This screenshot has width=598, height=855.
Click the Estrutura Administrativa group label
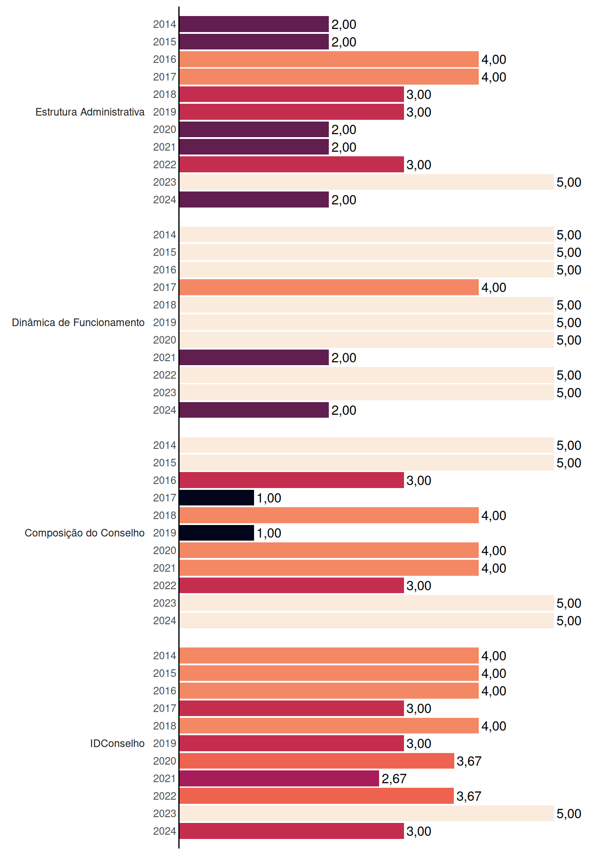90,112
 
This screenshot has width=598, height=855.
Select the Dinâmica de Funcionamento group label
78,322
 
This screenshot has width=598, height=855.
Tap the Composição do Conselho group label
85,533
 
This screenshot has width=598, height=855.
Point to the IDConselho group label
117,743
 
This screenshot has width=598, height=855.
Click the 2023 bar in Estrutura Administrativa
367,182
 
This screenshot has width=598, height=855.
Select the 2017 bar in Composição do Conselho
217,498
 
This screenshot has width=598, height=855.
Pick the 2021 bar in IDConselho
279,778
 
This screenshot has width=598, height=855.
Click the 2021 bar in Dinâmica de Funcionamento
254,358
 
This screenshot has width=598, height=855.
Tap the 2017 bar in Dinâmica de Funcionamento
329,287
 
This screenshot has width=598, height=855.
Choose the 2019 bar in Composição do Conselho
217,533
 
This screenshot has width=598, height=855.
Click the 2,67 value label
394,779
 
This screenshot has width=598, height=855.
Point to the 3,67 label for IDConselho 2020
469,761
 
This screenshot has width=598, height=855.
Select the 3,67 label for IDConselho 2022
469,796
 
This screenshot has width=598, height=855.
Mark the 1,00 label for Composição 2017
269,498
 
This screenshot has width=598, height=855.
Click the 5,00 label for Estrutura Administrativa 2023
569,183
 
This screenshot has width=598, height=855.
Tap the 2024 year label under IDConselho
165,831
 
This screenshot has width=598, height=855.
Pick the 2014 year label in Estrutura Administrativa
165,24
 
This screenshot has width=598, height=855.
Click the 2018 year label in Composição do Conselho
165,515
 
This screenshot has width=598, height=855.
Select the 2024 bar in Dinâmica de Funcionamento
254,410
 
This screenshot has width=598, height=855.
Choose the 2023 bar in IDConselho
367,814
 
